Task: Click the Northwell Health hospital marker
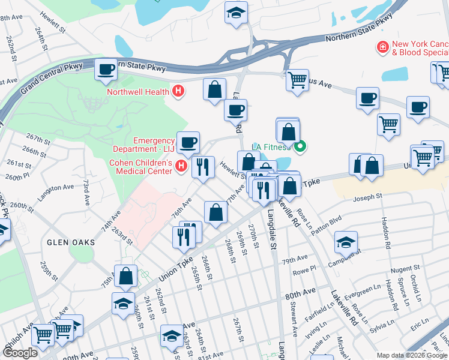[178, 92]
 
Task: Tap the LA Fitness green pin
[301, 146]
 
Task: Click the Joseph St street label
[367, 197]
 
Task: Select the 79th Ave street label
[295, 260]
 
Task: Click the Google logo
[20, 353]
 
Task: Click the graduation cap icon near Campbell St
[346, 241]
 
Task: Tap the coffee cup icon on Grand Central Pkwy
[106, 69]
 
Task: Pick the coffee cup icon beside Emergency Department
[188, 142]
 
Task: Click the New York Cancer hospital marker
[382, 47]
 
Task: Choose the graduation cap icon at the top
[237, 11]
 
